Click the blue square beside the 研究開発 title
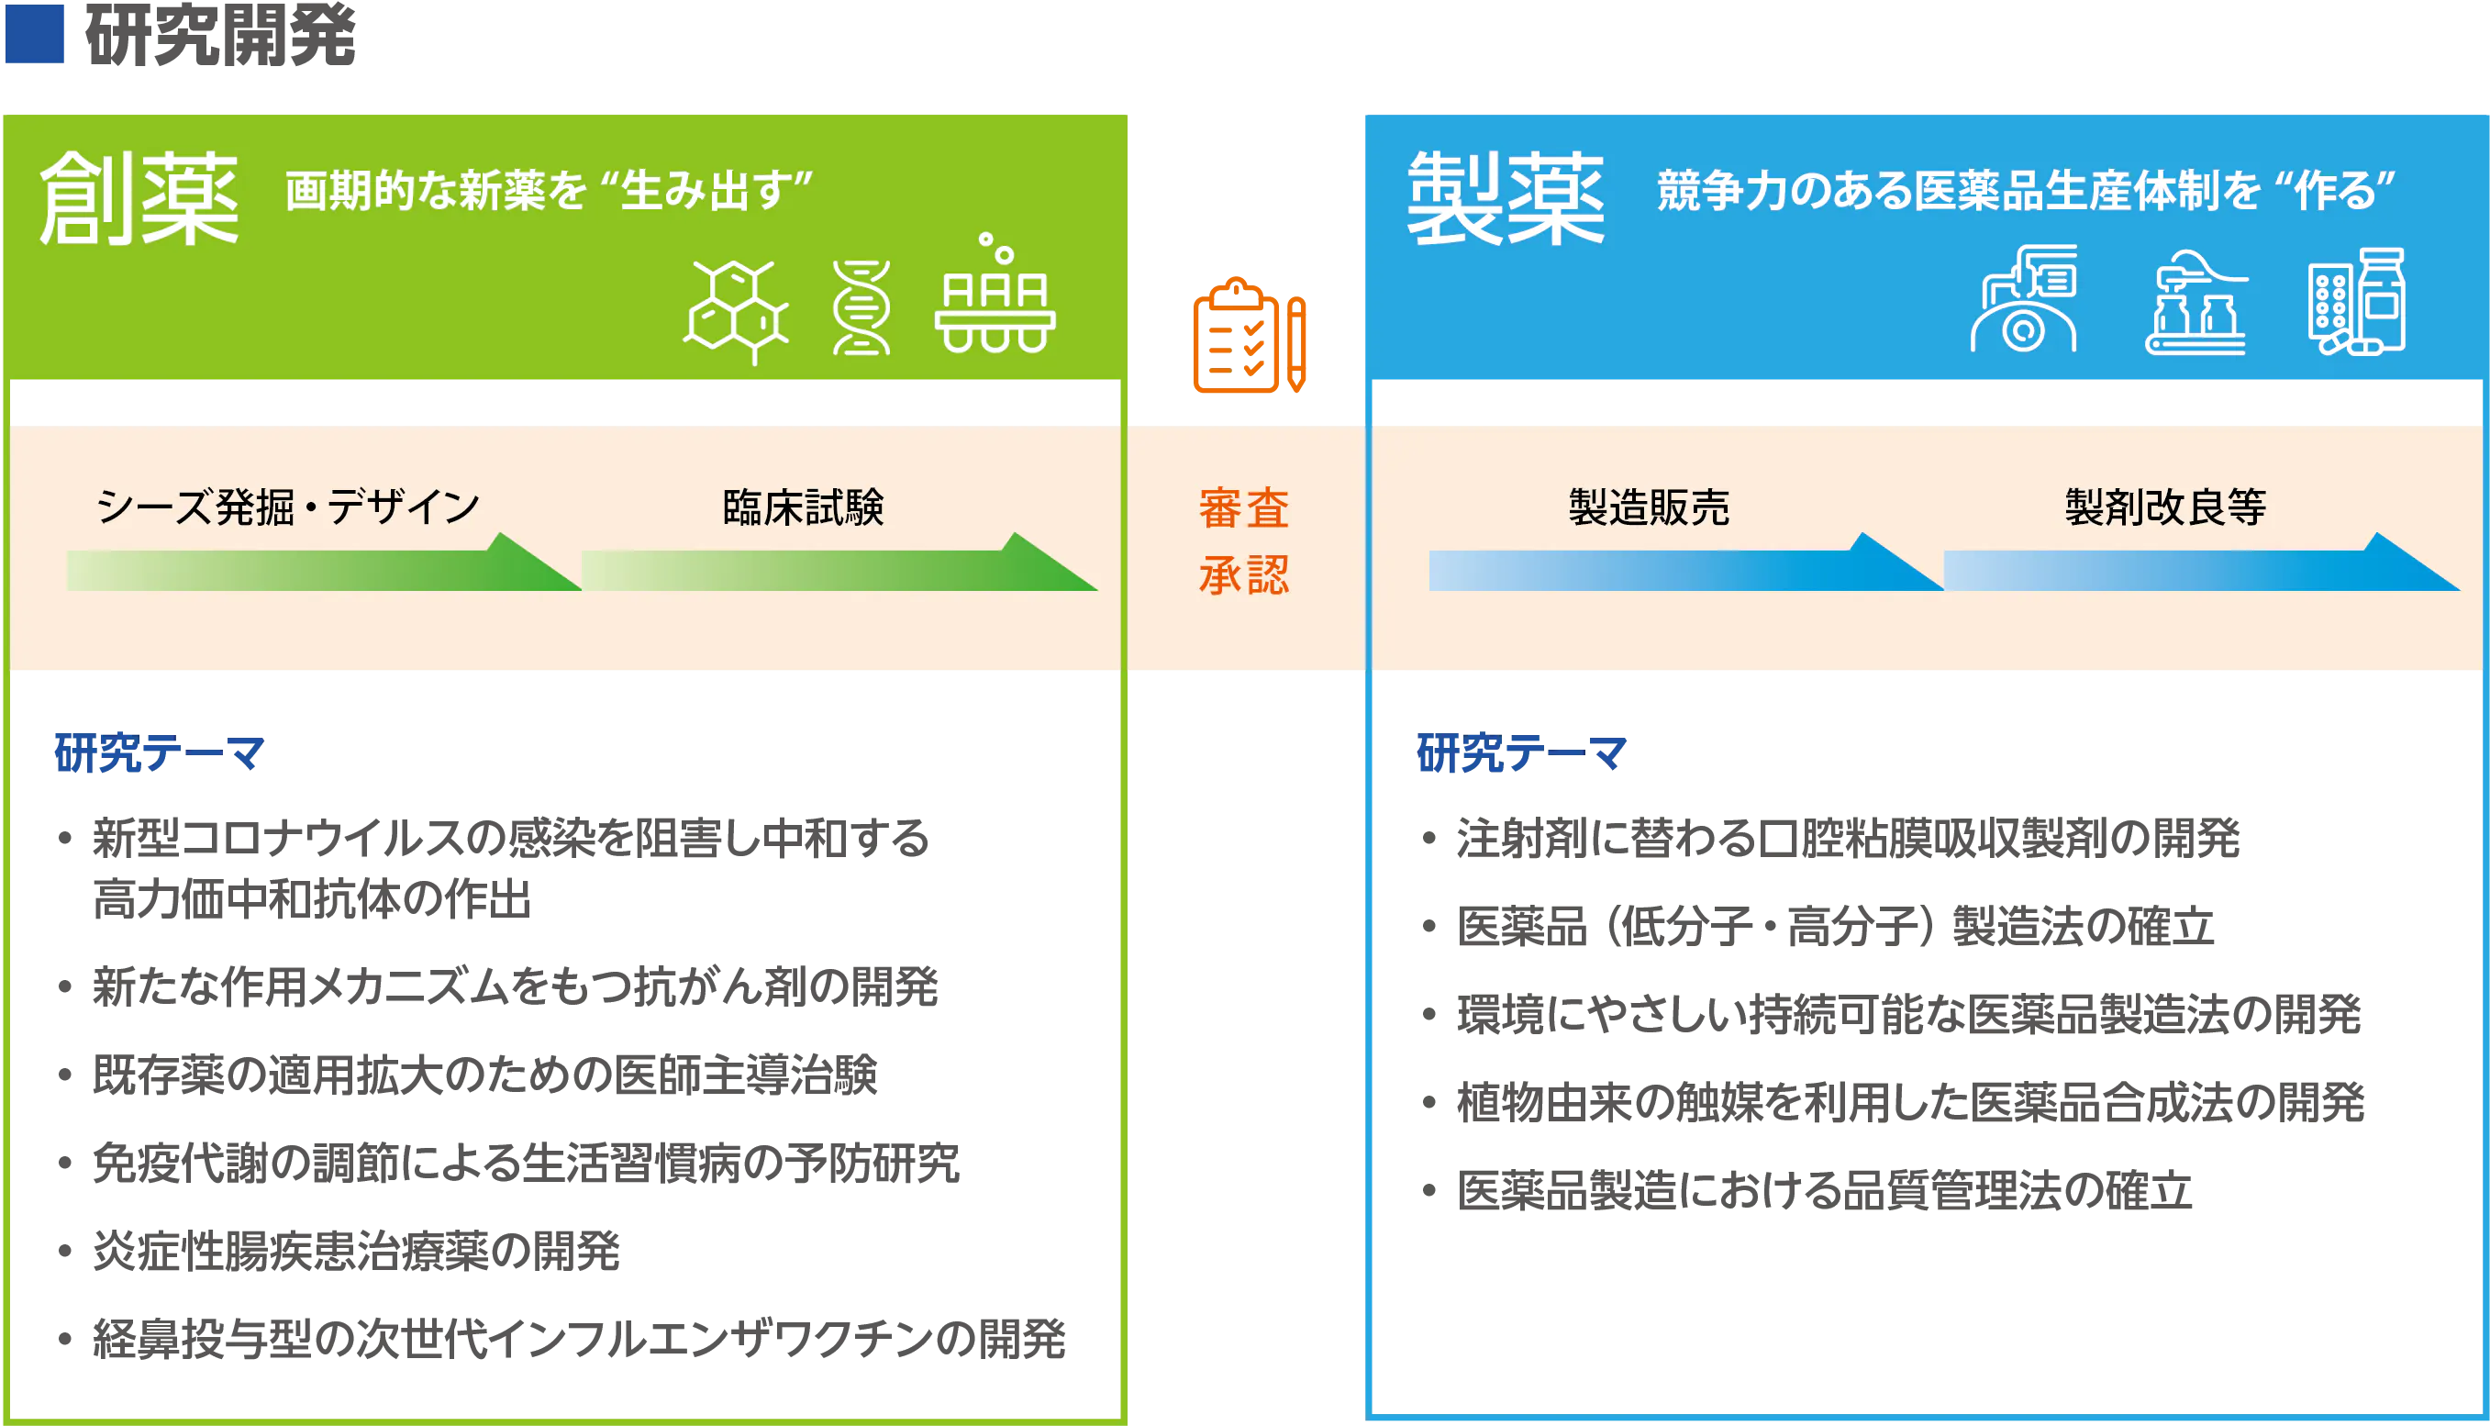(34, 33)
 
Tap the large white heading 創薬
(139, 199)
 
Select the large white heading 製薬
(1506, 199)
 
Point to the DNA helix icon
(861, 307)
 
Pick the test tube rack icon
(995, 293)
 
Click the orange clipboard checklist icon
(1250, 336)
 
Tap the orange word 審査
(1243, 508)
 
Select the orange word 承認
(1243, 575)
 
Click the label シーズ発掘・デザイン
(288, 507)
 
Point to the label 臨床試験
(803, 507)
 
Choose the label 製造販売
(1649, 507)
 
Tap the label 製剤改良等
(2166, 507)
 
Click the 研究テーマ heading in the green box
(160, 753)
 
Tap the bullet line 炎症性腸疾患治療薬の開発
(356, 1251)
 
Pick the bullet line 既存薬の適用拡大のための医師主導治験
(484, 1075)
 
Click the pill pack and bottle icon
(2357, 302)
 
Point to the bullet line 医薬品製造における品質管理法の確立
(1824, 1191)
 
